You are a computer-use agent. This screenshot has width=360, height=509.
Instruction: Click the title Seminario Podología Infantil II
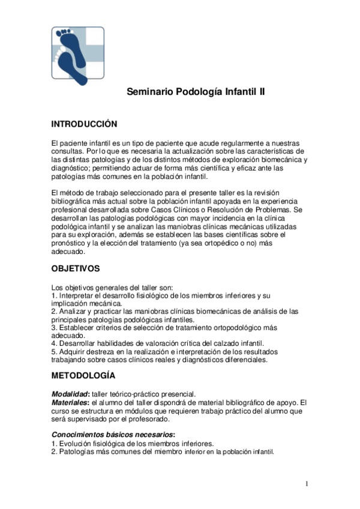(196, 92)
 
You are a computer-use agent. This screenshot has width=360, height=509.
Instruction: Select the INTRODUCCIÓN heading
(84, 124)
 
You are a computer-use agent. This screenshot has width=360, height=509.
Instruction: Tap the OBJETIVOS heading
(76, 268)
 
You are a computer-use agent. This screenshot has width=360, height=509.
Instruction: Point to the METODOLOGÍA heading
(83, 376)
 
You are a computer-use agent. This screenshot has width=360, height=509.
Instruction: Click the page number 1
(306, 484)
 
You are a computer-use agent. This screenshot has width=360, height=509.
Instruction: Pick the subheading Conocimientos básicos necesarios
(113, 434)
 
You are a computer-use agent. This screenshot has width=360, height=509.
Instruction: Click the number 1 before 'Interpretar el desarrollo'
(53, 296)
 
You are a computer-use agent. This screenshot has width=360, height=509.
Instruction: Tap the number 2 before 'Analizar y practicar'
(53, 311)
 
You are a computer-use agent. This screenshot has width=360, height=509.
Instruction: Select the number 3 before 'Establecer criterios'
(53, 328)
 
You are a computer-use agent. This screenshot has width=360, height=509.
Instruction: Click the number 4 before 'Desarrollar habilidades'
(53, 343)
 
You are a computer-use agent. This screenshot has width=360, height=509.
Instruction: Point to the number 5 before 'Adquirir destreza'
(53, 351)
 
